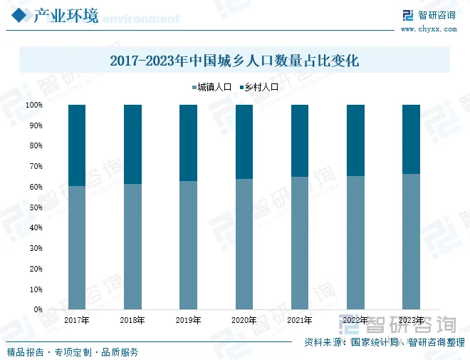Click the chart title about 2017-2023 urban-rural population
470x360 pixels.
click(234, 61)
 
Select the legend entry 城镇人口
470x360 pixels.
click(211, 88)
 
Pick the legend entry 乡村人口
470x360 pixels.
click(257, 88)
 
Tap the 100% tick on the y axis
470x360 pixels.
click(34, 106)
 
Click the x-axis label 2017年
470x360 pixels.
click(77, 321)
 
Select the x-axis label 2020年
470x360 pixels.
click(244, 321)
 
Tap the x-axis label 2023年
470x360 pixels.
click(411, 321)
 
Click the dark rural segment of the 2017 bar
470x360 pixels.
click(77, 145)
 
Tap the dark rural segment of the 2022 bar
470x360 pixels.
click(355, 140)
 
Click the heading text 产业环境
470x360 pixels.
click(66, 16)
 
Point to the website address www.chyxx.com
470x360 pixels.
click(429, 29)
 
